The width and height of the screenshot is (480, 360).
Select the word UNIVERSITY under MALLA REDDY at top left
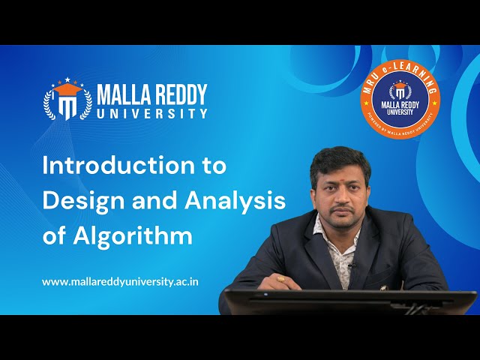coord(152,114)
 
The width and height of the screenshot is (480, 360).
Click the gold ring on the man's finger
coord(280,279)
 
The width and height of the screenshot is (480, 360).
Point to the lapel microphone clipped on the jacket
coord(352,265)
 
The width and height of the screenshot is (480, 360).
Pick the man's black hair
coord(339,154)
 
